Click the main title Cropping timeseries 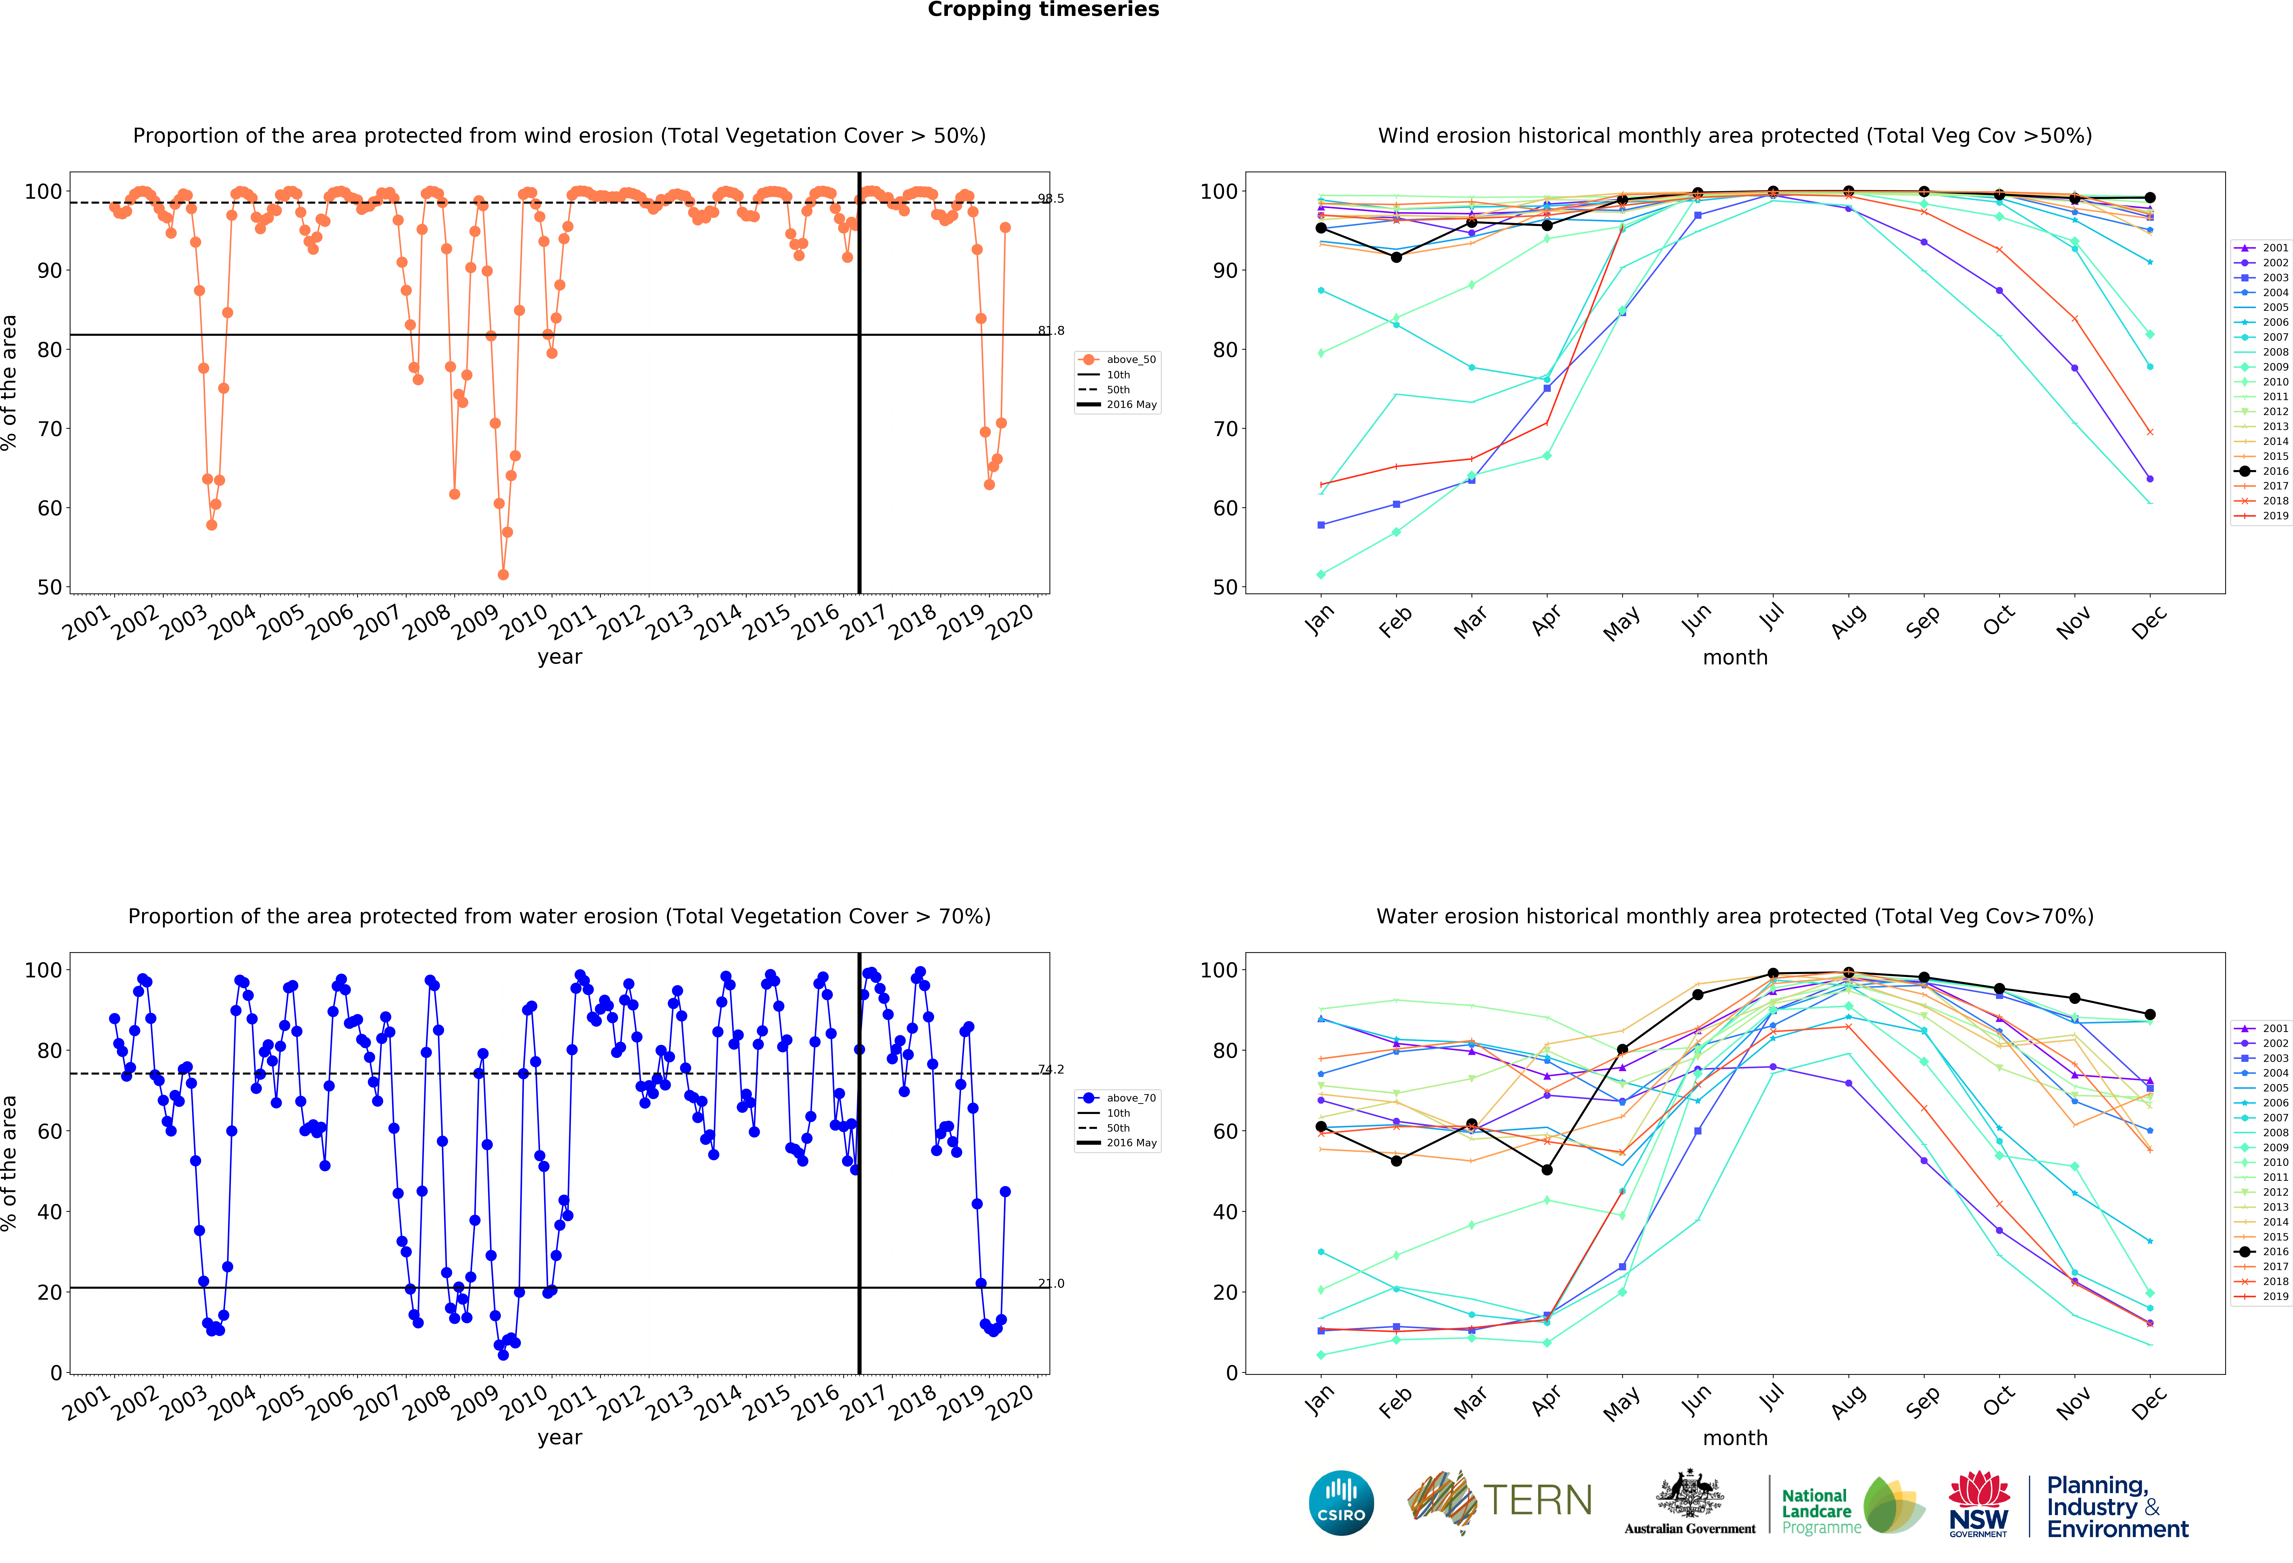click(x=1043, y=10)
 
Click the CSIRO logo click(x=1341, y=1503)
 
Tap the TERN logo click(x=1500, y=1501)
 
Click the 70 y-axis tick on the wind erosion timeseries click(x=49, y=429)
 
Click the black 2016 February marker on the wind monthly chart click(x=1396, y=257)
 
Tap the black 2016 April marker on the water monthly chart click(x=1547, y=1170)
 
